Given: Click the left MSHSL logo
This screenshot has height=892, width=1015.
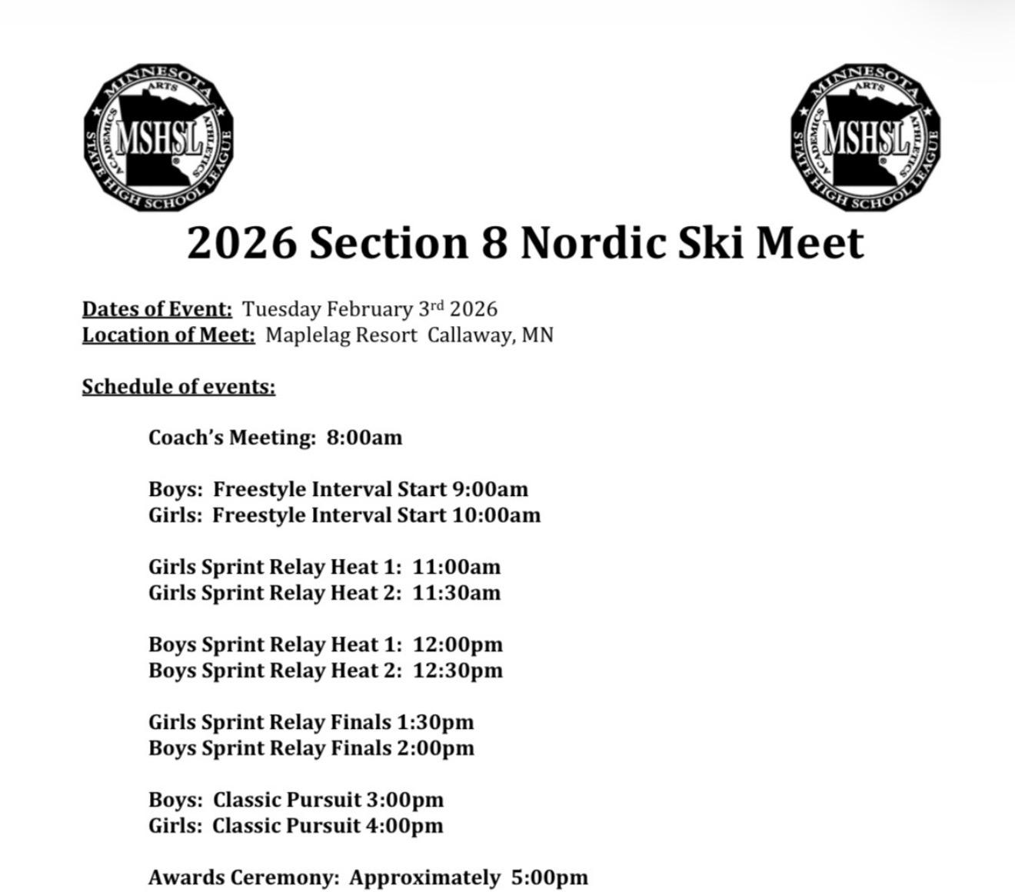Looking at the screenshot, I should tap(158, 138).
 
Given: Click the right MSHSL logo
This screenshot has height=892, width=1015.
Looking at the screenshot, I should tap(866, 138).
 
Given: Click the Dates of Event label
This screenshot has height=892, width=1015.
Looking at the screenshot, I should tap(157, 309).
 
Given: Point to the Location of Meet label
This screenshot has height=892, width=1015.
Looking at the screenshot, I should tap(168, 335).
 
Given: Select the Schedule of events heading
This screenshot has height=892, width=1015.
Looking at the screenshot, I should tap(178, 386).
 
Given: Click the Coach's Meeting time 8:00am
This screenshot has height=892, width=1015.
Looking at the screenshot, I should tap(364, 438).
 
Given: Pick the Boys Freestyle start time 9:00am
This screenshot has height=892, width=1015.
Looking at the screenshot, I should tap(490, 489).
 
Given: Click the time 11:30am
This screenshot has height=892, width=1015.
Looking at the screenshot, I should tap(456, 593).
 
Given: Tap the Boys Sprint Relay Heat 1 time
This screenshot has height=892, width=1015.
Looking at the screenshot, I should tap(457, 644).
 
